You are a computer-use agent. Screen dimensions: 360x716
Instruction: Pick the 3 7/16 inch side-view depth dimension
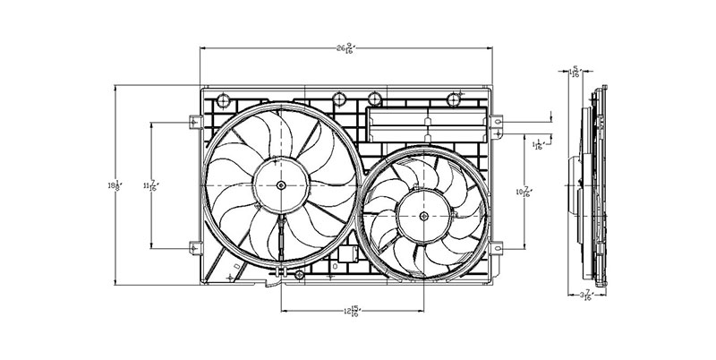(x=586, y=296)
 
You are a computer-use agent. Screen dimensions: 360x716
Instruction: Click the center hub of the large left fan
(x=281, y=185)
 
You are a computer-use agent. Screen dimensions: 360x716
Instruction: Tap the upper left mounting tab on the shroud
(x=194, y=122)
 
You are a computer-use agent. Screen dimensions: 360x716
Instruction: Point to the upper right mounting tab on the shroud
(x=498, y=122)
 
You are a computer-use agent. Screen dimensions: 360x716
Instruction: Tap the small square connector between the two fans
(x=347, y=254)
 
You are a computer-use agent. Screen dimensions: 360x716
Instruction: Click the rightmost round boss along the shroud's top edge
(x=456, y=97)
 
